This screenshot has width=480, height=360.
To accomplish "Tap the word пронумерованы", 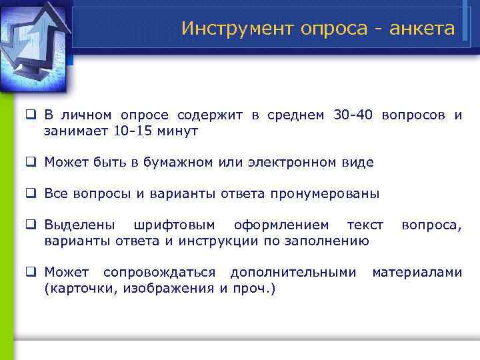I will pos(325,194).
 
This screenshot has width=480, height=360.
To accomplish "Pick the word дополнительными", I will pos(293,272).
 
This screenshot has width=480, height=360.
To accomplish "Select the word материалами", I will pos(417,272).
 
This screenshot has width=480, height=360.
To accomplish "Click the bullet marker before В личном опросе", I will pos(31,115).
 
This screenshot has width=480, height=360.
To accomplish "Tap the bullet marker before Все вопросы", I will pos(31,194).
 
